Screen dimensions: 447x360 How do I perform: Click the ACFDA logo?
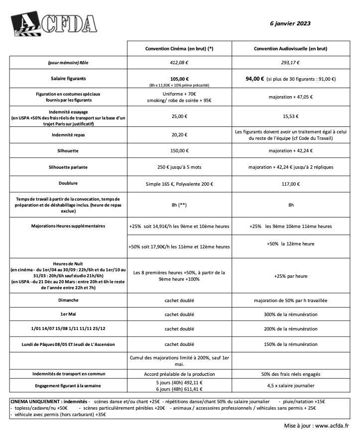[x=54, y=23]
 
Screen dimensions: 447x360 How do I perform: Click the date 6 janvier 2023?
[x=290, y=23]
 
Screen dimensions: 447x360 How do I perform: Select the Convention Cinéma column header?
[x=179, y=48]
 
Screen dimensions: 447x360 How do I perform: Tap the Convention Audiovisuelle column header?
[x=290, y=48]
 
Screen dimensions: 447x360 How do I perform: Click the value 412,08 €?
[x=179, y=63]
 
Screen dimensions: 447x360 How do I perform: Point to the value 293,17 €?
[x=290, y=63]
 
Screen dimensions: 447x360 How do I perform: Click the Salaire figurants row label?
[x=68, y=79]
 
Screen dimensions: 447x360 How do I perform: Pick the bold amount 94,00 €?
[x=255, y=79]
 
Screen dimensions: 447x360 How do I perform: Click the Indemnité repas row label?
[x=68, y=134]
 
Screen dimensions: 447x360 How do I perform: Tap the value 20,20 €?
[x=179, y=134]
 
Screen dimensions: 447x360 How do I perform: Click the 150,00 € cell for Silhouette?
[x=179, y=150]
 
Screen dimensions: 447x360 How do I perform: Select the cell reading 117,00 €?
[x=290, y=184]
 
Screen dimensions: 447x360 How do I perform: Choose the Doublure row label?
[x=68, y=184]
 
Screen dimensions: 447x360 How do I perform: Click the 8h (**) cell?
[x=179, y=205]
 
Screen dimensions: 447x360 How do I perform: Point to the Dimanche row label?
[x=68, y=301]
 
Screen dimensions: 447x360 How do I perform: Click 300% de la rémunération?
[x=290, y=315]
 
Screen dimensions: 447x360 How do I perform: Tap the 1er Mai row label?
[x=68, y=315]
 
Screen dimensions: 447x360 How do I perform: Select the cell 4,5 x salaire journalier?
[x=290, y=385]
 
